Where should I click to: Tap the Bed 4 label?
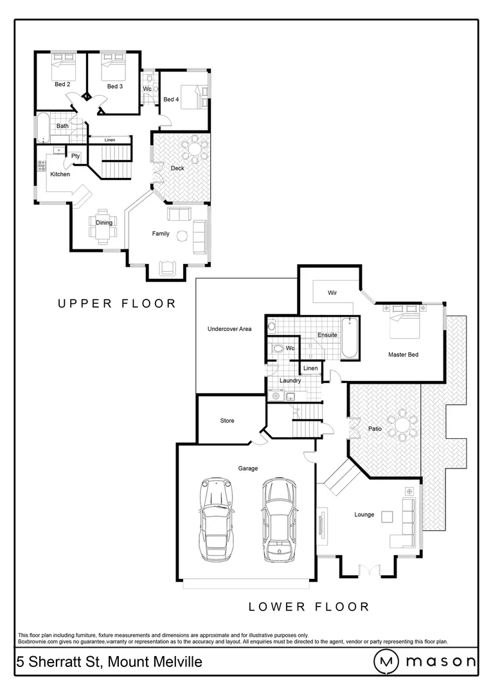coord(170,100)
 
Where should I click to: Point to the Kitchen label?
coord(60,174)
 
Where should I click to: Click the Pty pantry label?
coord(75,156)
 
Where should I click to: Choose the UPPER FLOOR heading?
coord(117,303)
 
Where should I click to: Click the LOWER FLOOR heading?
coord(308,607)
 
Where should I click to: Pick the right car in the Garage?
coord(279,519)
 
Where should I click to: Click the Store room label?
coord(227,421)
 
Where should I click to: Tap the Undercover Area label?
coord(229,329)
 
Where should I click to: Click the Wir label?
coord(332,292)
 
